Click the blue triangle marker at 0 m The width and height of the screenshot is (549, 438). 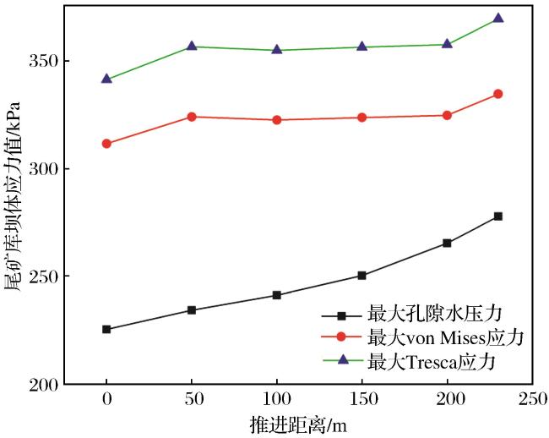106,79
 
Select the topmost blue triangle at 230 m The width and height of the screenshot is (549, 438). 497,18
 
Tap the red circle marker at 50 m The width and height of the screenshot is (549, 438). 192,117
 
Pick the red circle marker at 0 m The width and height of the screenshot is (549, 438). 106,144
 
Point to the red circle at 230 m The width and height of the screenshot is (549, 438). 497,94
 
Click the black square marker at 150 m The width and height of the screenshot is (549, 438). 361,276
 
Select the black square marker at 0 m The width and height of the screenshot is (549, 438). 106,330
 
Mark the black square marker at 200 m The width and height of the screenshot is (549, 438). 447,244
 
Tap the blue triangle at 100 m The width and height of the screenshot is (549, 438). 277,49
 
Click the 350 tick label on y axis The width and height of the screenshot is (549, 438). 43,61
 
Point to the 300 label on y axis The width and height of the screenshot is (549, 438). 43,169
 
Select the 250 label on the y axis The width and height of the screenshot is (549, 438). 43,276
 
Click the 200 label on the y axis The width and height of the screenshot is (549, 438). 43,385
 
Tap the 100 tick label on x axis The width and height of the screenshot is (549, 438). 277,399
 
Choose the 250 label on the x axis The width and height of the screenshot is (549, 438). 533,399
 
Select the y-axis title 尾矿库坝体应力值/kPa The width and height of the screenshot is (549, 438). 14,196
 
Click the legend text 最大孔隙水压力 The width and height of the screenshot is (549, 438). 434,314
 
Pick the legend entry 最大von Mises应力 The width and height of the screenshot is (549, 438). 445,337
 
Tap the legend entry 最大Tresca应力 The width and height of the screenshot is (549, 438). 432,362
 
